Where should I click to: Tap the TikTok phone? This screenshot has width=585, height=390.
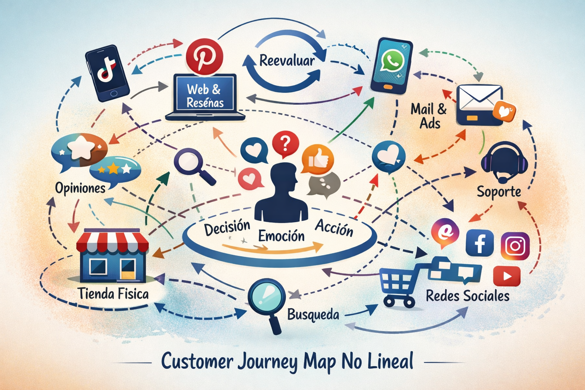point(107,73)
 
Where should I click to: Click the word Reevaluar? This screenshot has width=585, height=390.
point(287,61)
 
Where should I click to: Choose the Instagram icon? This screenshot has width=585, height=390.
point(515,246)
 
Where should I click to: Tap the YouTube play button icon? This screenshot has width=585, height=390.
point(507,276)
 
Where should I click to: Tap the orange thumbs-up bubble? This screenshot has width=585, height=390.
point(317,160)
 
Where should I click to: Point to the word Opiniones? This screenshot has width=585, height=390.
point(80,188)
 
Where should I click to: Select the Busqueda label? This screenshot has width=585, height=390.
point(313,315)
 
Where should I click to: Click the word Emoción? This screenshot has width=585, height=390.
point(281,236)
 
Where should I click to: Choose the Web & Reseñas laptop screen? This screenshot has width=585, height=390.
point(205,93)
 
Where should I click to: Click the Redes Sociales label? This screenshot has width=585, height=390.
point(467,296)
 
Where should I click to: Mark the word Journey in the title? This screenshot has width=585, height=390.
point(268,361)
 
